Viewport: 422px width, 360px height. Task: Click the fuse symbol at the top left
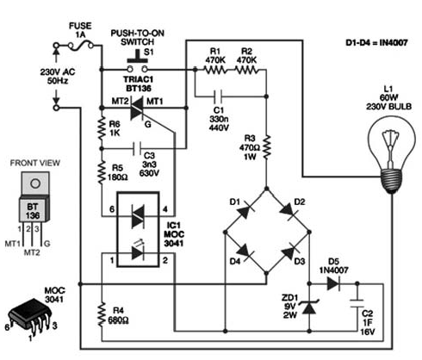[81, 46]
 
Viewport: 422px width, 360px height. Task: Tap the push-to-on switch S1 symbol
[138, 61]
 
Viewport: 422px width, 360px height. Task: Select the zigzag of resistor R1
[215, 70]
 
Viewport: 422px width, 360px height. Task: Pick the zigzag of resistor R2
[246, 70]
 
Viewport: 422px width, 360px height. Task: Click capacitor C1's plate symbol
[219, 96]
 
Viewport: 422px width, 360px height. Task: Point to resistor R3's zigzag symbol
[266, 148]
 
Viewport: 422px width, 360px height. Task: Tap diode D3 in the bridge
[289, 252]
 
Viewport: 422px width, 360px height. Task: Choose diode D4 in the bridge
[245, 252]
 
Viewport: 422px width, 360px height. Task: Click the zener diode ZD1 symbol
[309, 307]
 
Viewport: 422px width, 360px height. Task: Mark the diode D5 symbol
[333, 284]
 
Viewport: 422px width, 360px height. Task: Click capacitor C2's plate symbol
[357, 303]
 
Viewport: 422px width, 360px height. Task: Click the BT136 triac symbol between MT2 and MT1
[137, 109]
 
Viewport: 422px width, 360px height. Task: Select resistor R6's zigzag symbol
[101, 128]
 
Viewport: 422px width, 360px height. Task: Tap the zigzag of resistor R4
[102, 313]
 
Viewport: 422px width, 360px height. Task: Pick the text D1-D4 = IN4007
[376, 43]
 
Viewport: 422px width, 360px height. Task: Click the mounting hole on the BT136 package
[35, 183]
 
